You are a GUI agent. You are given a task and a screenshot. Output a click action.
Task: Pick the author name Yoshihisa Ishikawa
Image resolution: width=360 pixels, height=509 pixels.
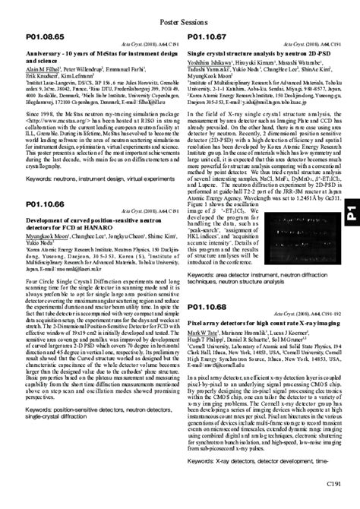coord(210,65)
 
